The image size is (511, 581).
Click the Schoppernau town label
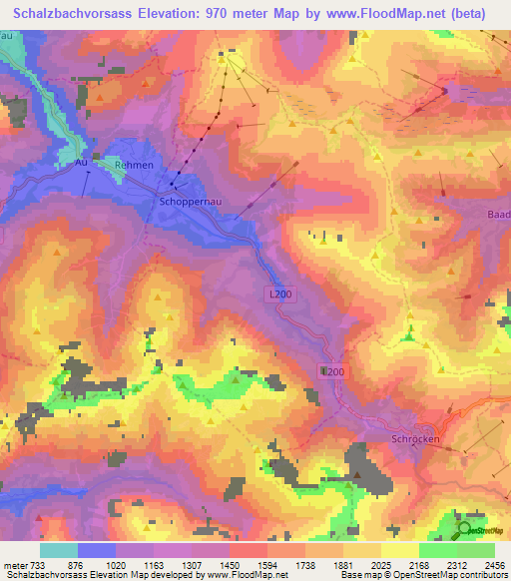pyautogui.click(x=189, y=201)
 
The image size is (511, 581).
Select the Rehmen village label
pyautogui.click(x=134, y=165)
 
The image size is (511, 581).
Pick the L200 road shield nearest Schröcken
pyautogui.click(x=332, y=371)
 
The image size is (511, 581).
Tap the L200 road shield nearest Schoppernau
pyautogui.click(x=281, y=294)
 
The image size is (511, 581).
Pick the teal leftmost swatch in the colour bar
pyautogui.click(x=59, y=549)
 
